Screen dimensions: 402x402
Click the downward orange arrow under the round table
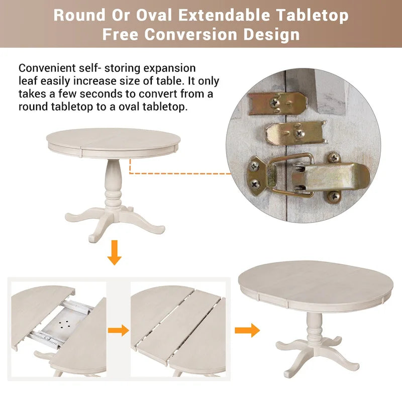(115, 253)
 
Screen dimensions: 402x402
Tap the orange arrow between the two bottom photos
(119, 330)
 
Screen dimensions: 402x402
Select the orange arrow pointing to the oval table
(247, 330)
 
